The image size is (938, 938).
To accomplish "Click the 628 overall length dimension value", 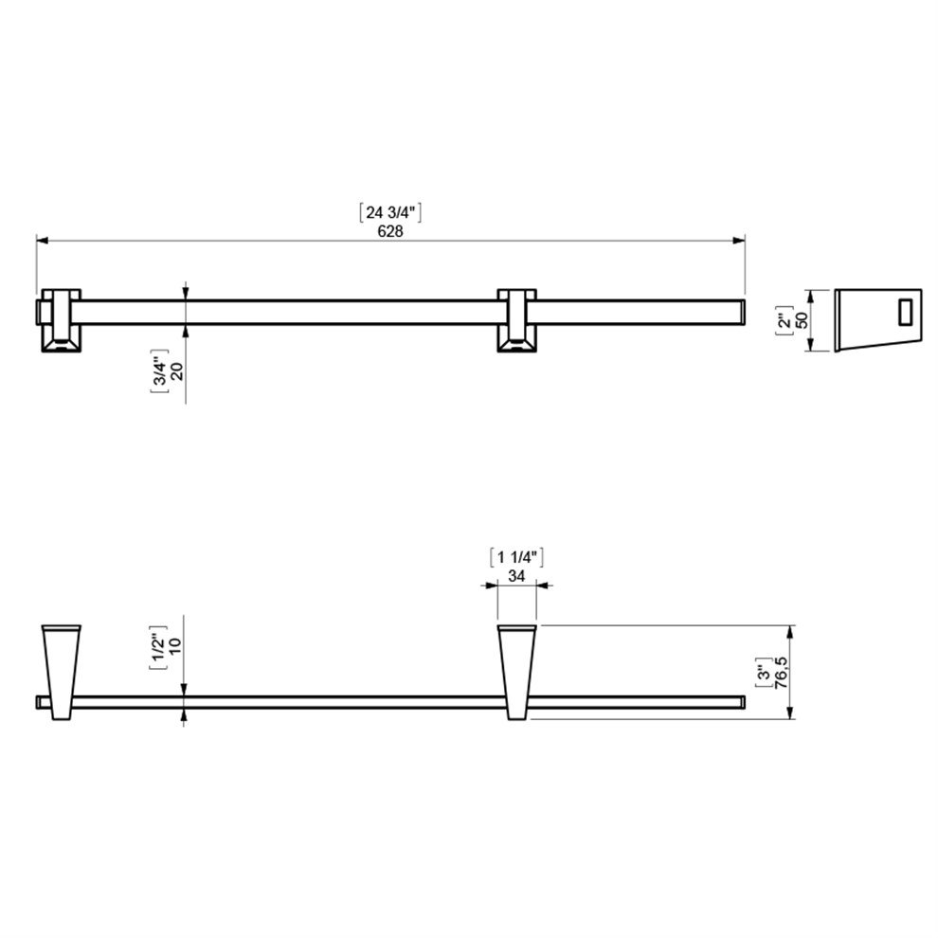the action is tap(390, 231).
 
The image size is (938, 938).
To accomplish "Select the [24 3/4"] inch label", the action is tap(390, 212).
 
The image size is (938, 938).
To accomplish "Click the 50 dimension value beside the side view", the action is tap(802, 320).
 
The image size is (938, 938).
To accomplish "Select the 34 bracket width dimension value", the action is tap(516, 575).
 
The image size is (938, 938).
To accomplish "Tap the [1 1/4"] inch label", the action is tap(516, 557).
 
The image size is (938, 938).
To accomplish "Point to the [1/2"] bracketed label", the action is tap(158, 651).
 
